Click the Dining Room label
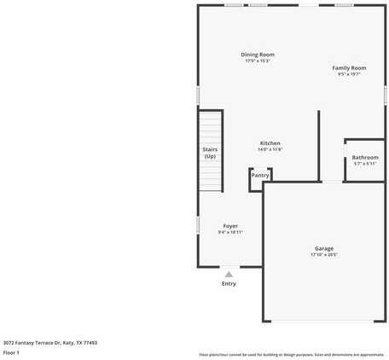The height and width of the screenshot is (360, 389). [x=258, y=55]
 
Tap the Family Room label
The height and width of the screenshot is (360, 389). [x=349, y=67]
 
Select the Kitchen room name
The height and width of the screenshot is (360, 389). [x=270, y=142]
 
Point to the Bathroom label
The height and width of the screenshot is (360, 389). [x=365, y=157]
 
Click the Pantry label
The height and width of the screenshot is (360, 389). [x=259, y=175]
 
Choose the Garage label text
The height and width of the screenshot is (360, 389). [x=324, y=248]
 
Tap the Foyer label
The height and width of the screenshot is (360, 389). [x=230, y=225]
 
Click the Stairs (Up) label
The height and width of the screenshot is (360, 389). [x=210, y=153]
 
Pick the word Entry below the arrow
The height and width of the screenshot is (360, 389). [x=229, y=284]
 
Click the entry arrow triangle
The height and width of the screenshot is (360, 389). [x=229, y=274]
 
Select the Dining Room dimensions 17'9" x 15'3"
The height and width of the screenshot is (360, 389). [x=258, y=61]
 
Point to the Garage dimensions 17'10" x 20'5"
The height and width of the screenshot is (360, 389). [x=324, y=254]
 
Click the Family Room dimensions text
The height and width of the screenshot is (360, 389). [x=349, y=74]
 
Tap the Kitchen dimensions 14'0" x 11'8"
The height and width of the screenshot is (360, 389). [x=270, y=149]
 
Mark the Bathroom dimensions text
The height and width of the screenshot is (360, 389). [x=365, y=164]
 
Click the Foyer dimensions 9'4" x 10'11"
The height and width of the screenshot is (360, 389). [x=230, y=232]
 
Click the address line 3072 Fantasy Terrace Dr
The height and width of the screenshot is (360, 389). [x=49, y=342]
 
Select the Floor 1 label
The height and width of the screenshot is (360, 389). [x=11, y=351]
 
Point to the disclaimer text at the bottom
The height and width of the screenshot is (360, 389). [x=292, y=354]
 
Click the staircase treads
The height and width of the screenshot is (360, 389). [x=210, y=175]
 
